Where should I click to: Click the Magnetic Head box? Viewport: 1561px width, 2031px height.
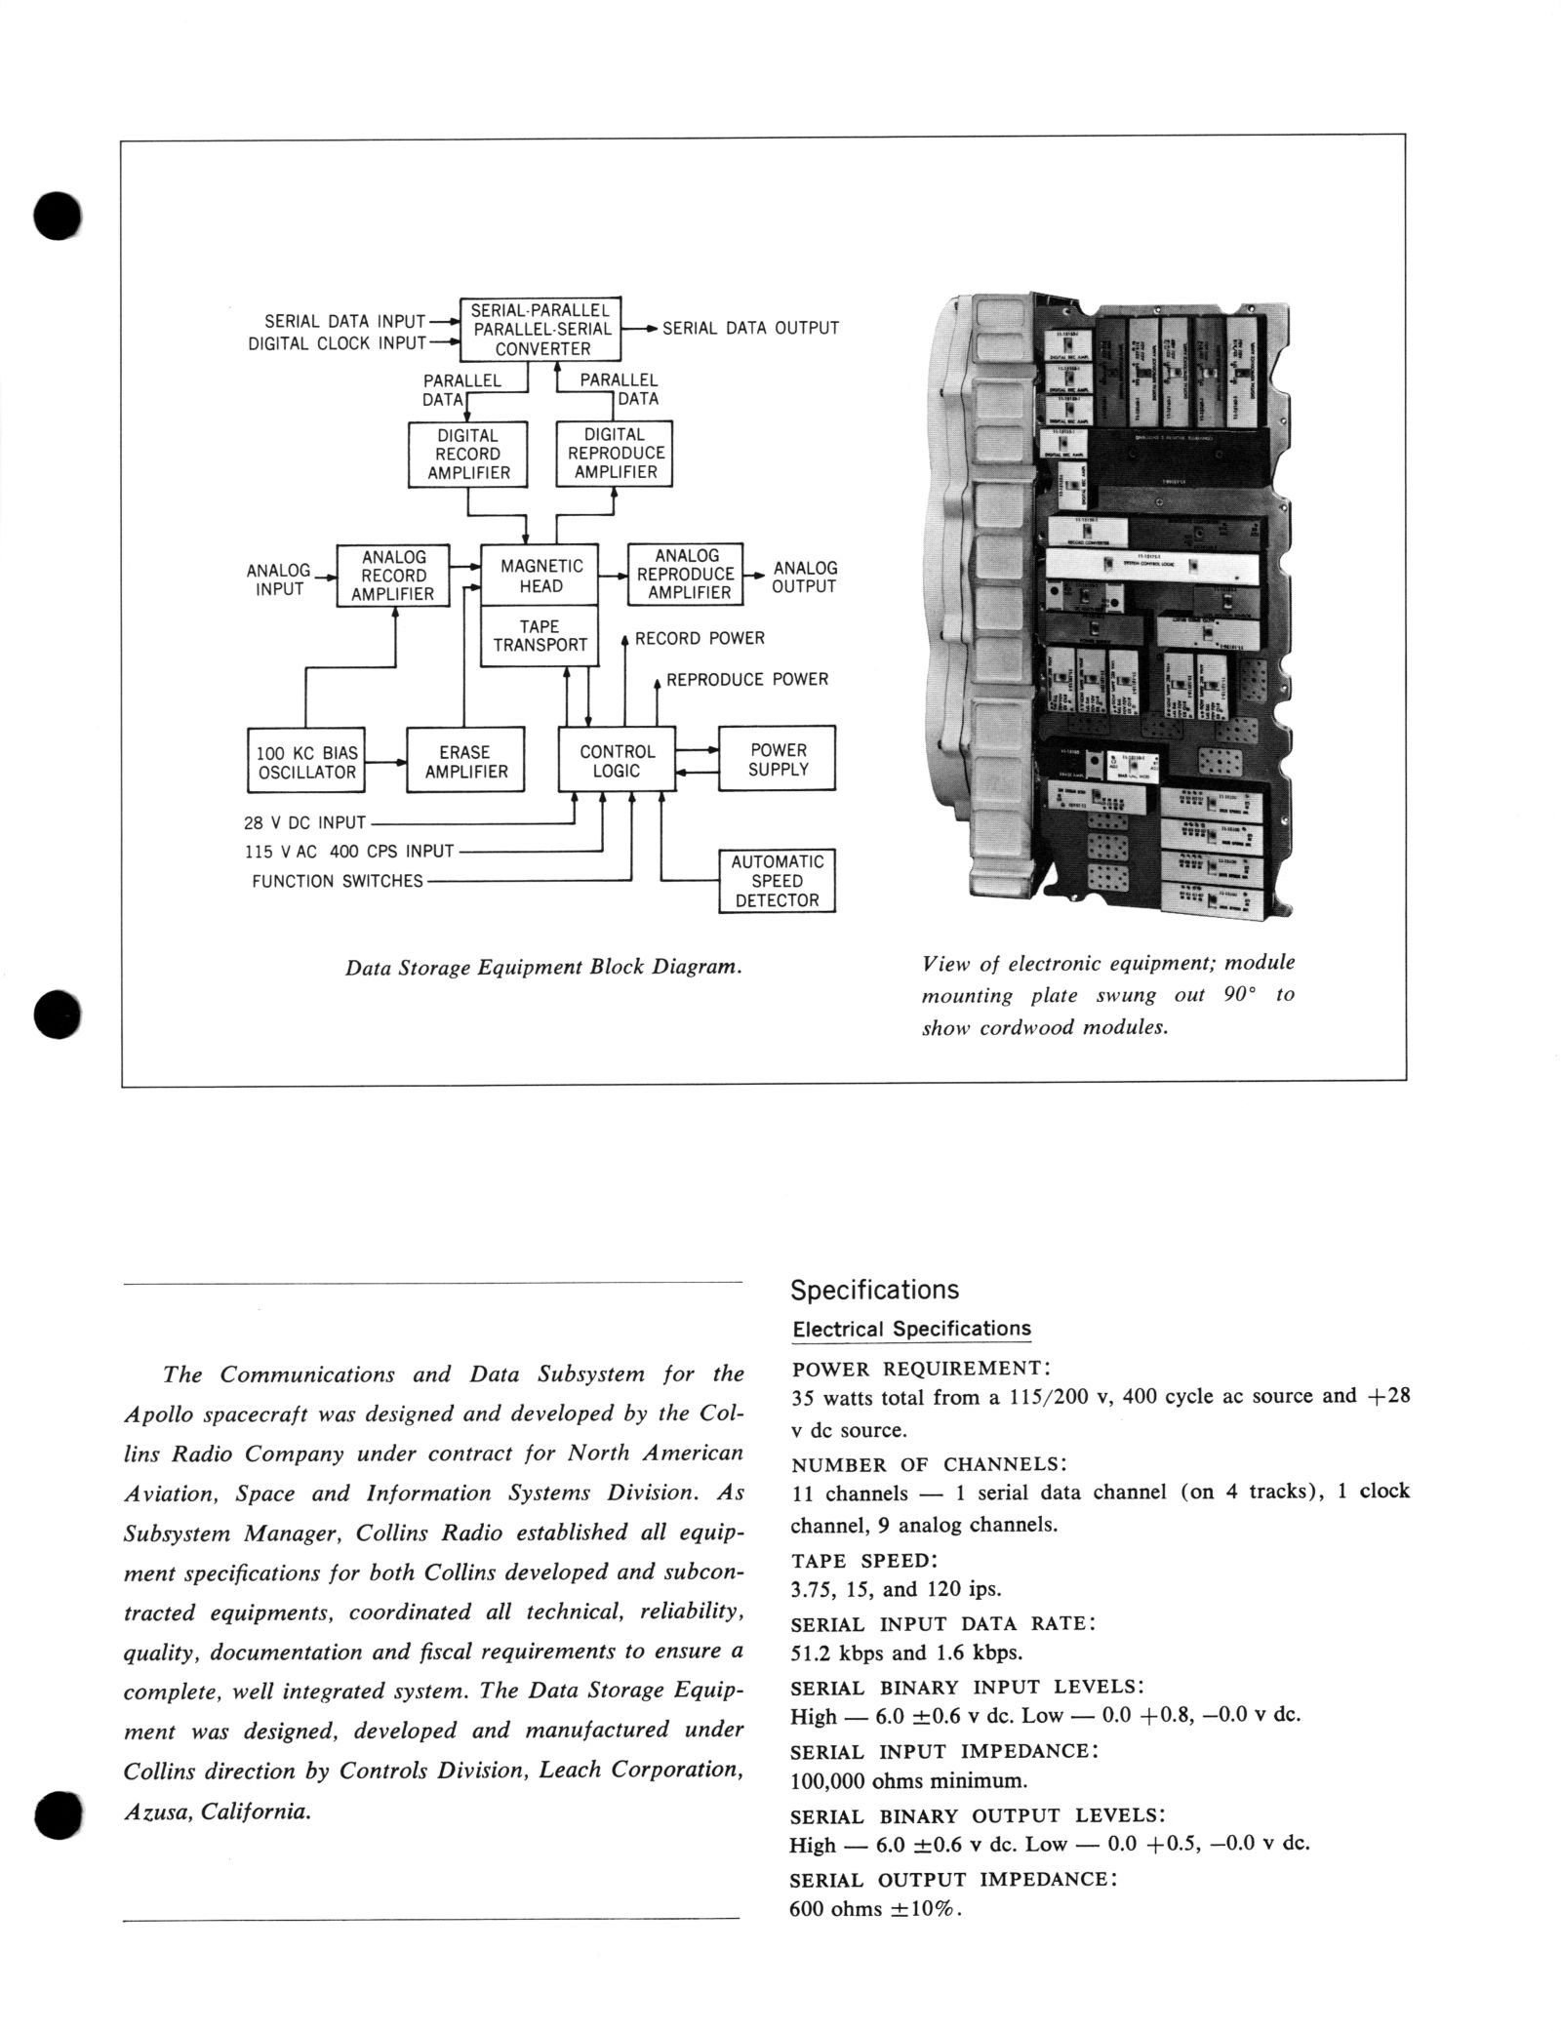point(541,576)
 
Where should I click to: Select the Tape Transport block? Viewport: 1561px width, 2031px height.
point(540,635)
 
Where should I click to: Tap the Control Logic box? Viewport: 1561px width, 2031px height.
point(617,761)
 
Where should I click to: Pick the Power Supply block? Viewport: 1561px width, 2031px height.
point(778,759)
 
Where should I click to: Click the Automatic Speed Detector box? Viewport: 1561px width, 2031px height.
point(778,881)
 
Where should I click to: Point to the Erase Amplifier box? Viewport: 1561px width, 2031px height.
point(465,761)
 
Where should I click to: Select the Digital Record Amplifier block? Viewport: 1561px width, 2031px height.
point(468,455)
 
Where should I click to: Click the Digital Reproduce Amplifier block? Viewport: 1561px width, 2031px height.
point(615,454)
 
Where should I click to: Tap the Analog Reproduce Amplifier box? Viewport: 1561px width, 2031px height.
point(686,575)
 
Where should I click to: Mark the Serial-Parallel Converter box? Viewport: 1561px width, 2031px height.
point(541,330)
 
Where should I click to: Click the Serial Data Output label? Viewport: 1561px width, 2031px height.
point(750,329)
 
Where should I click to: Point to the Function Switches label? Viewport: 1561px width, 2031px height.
point(338,882)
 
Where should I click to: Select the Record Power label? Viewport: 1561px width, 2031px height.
point(700,639)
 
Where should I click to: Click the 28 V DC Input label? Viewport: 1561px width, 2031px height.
point(304,822)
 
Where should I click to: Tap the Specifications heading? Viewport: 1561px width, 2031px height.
point(874,1291)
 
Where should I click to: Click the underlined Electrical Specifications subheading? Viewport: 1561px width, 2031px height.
point(911,1330)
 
